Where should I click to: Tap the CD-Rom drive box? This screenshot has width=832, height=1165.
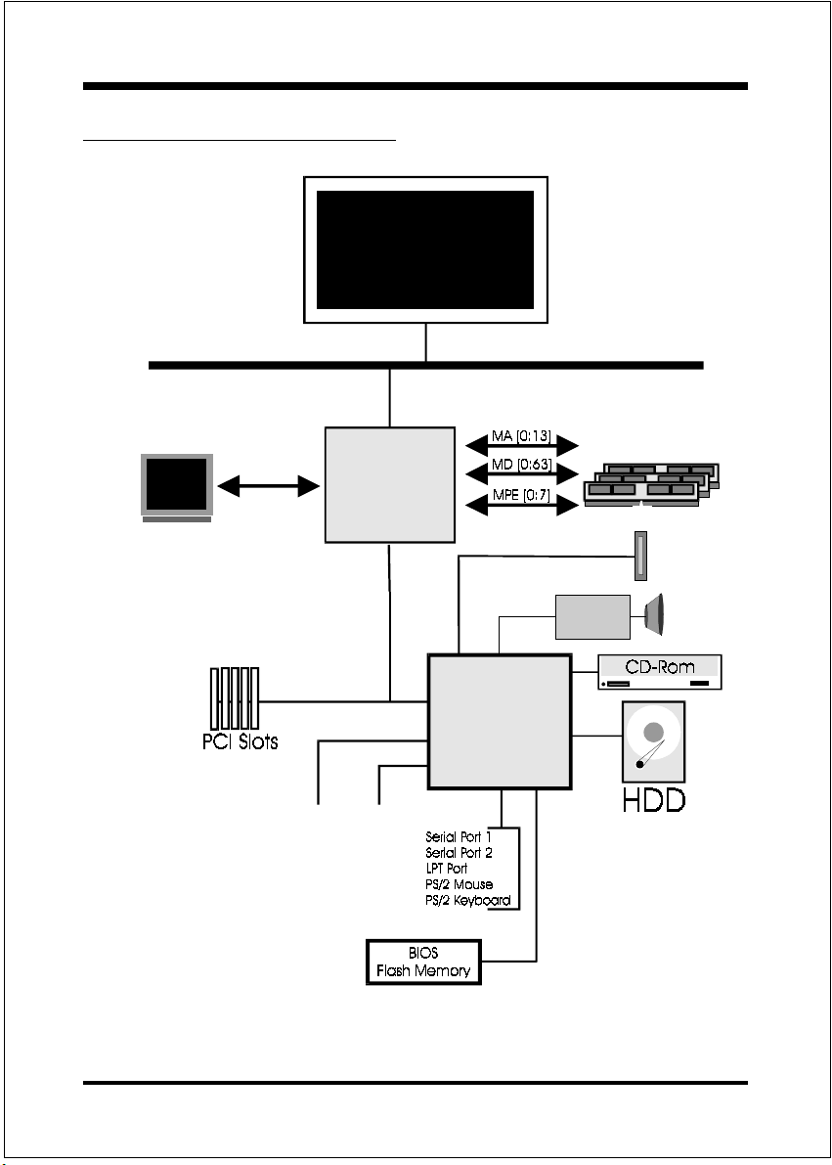click(x=660, y=672)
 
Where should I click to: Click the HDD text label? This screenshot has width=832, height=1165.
click(x=654, y=800)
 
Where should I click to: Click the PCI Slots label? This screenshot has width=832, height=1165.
click(x=234, y=740)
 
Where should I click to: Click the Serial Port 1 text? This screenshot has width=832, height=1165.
click(x=459, y=837)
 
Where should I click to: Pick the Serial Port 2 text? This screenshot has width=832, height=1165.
click(x=459, y=853)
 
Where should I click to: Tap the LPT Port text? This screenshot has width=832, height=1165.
click(x=446, y=869)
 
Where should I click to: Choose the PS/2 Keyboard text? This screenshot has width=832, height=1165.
click(x=468, y=900)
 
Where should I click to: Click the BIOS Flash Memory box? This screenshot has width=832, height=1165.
click(x=423, y=963)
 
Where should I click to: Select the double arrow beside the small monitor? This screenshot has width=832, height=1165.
click(x=270, y=485)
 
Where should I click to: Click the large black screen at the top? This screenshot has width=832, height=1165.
click(x=425, y=249)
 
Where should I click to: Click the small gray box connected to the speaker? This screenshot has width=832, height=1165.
click(x=591, y=616)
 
